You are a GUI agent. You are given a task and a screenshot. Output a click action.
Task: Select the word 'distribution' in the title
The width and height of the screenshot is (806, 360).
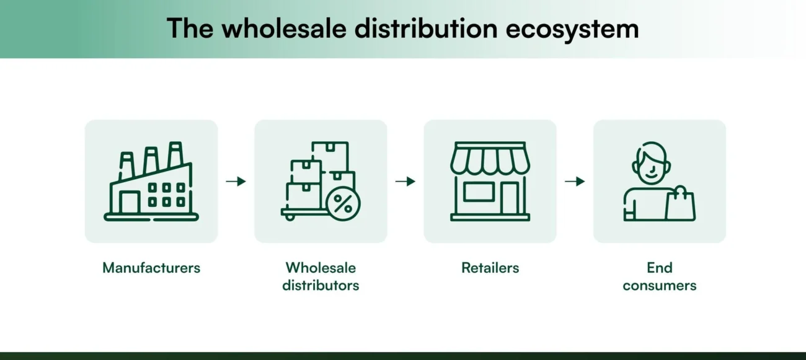coord(422,29)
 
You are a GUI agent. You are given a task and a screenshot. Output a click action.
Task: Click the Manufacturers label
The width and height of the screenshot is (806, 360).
coord(151,268)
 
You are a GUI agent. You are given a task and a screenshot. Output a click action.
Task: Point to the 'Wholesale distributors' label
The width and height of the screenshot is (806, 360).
coord(321,276)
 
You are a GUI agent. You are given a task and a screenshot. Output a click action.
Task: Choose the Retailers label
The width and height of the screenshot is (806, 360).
coord(490,268)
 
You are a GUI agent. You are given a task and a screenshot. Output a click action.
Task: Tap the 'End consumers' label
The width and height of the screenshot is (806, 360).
coord(660,276)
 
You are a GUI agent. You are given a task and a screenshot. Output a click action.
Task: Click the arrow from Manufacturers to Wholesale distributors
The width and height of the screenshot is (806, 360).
coord(236,182)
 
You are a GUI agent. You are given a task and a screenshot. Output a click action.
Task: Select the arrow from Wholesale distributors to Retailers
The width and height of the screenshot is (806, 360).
coord(405,182)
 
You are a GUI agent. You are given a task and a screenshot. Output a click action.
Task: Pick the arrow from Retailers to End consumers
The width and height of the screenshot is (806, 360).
coord(575,182)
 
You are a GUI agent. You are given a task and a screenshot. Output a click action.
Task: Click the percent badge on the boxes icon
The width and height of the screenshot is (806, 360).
coord(342,204)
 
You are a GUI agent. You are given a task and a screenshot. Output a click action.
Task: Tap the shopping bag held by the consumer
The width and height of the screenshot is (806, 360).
coord(680,204)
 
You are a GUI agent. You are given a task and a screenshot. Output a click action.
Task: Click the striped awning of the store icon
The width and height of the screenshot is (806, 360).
coord(490,159)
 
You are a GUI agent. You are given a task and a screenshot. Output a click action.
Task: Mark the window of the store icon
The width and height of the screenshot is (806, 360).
coord(479,192)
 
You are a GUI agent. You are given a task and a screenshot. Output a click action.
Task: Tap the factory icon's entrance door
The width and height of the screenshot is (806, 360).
coord(130,202)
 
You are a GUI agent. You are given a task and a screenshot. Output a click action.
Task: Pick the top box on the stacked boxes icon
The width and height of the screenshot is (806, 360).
coord(330,155)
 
